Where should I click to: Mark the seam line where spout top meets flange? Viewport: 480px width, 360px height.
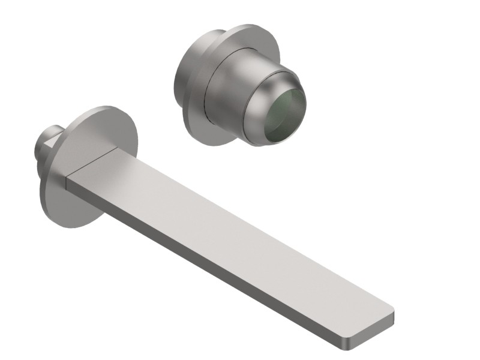click(90, 162)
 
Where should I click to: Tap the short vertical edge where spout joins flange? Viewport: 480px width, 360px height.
click(67, 182)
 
